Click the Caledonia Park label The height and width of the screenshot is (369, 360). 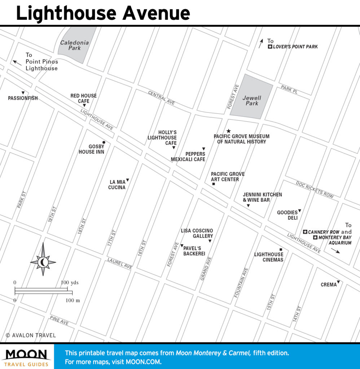pos(74,45)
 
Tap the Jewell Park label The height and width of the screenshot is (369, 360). pos(252,101)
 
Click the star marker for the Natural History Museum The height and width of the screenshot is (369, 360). pos(228,131)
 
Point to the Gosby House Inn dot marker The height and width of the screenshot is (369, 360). pos(104,143)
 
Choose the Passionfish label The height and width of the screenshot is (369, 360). pos(23,98)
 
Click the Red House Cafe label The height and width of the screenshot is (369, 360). pos(83,98)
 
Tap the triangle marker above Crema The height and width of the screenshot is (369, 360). pos(338,282)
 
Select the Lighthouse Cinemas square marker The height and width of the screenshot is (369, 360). pos(281,249)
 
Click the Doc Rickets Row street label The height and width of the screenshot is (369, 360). pos(315,189)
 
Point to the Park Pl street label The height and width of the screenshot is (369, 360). pos(289,89)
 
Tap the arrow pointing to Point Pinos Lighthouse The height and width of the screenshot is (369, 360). pos(17,62)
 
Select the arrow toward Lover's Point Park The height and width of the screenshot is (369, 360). pos(261,44)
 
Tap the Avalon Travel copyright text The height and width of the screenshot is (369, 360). pos(31,335)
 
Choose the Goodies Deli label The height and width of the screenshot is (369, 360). pos(287,215)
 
